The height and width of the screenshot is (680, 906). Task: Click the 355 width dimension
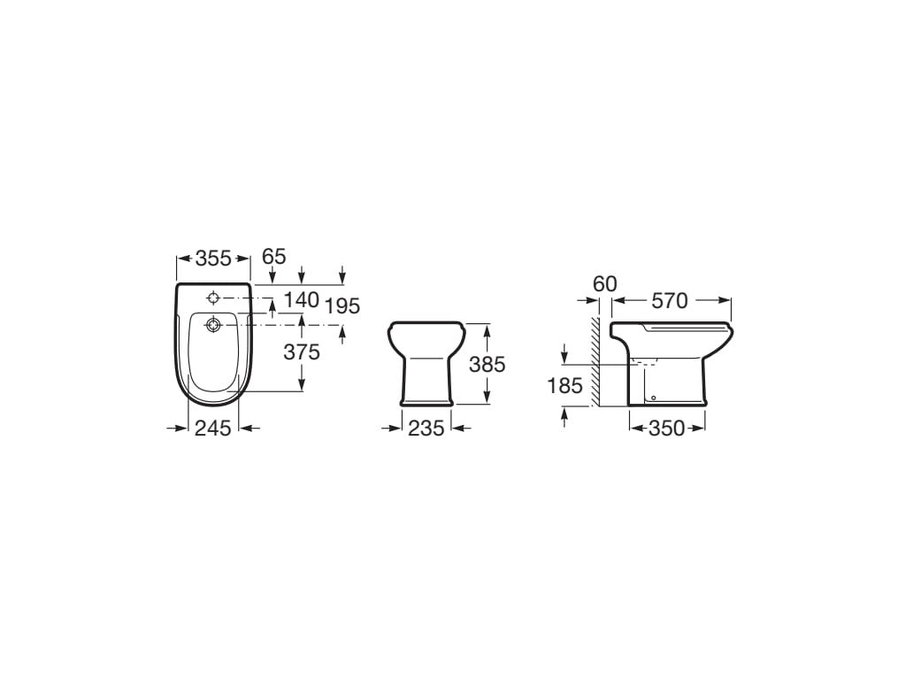[213, 259]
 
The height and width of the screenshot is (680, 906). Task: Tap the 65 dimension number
[274, 256]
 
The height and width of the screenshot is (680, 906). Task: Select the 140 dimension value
[302, 299]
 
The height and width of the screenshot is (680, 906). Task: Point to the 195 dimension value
[342, 305]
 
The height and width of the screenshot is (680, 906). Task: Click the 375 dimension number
[301, 352]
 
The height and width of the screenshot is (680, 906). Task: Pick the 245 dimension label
[212, 428]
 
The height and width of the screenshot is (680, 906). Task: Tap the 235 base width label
[426, 428]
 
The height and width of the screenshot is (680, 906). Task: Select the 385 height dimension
[488, 364]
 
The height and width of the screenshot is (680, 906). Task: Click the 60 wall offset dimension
[605, 284]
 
